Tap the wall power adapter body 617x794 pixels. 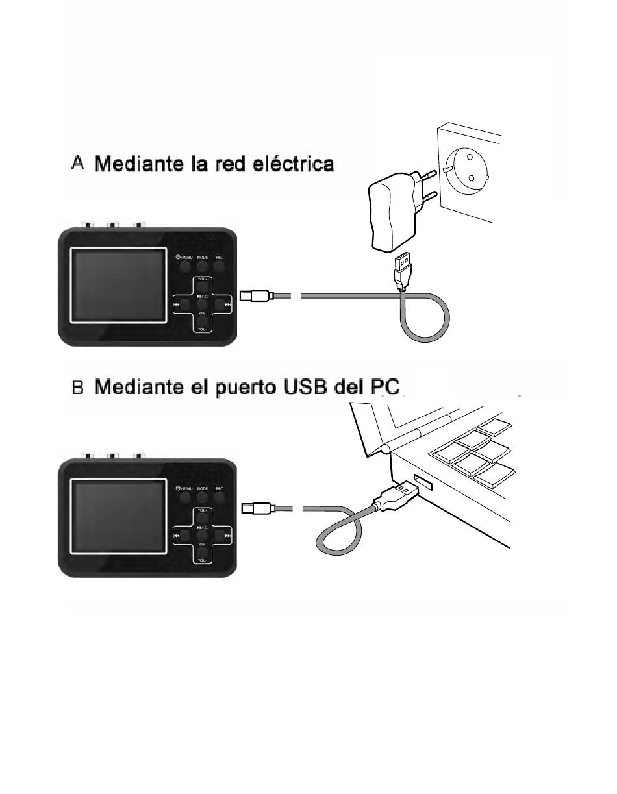pos(390,214)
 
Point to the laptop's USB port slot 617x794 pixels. pos(422,484)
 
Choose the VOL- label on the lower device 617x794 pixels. pos(203,559)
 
